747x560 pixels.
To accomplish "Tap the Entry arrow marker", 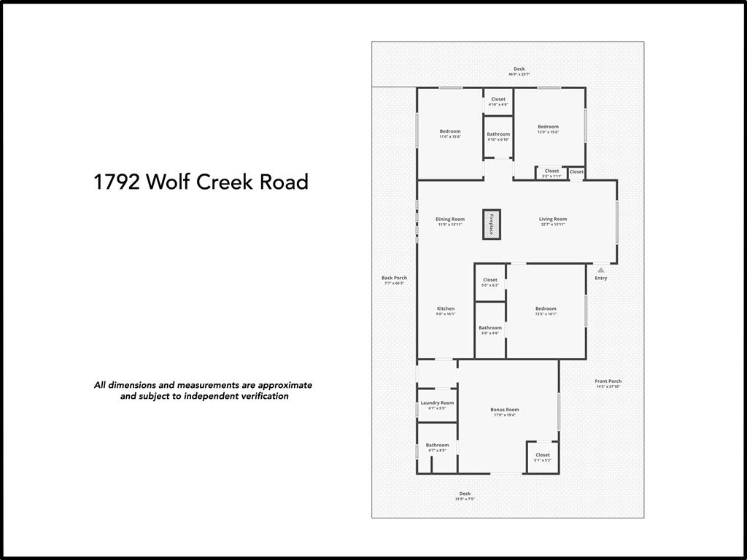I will (x=601, y=271).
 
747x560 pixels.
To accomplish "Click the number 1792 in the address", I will (x=117, y=182).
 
